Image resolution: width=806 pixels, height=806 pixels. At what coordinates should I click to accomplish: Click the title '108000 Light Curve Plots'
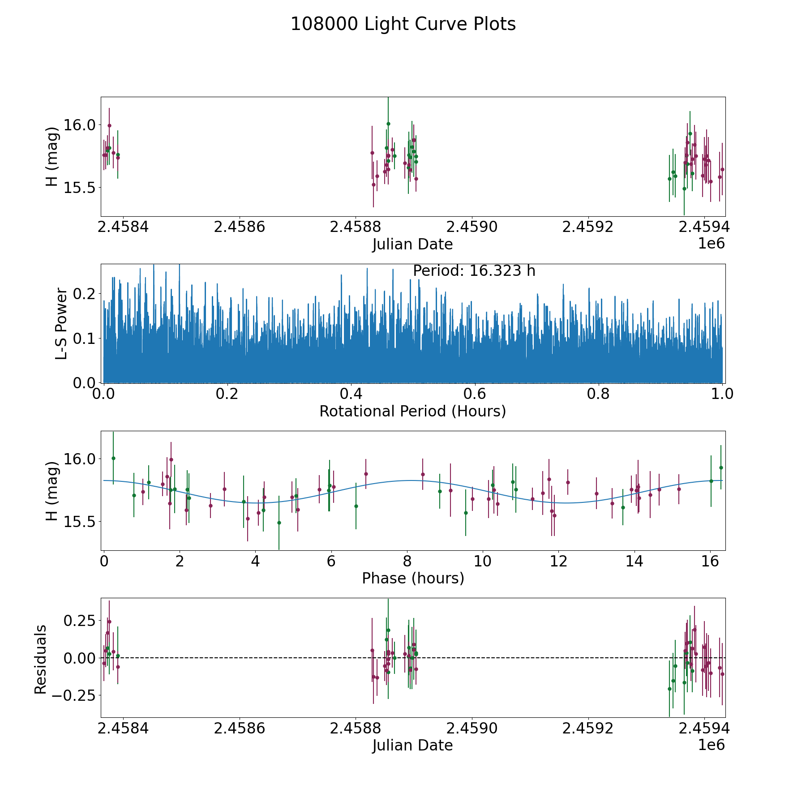(x=403, y=24)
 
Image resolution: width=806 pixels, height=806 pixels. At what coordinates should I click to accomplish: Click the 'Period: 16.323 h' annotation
(x=474, y=271)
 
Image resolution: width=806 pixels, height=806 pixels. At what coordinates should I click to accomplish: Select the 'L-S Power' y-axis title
(x=61, y=324)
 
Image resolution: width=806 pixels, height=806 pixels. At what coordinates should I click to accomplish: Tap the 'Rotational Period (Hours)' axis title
(x=412, y=411)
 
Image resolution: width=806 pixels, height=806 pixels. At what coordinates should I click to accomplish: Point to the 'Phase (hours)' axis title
(x=413, y=578)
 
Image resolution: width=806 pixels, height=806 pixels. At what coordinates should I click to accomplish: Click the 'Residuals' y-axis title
(x=41, y=659)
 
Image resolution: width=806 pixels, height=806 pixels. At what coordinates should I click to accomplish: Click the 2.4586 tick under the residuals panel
(x=240, y=729)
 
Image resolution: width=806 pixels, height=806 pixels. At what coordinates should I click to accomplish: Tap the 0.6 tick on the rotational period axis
(x=475, y=394)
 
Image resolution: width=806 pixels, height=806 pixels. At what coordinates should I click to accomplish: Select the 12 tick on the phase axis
(x=558, y=561)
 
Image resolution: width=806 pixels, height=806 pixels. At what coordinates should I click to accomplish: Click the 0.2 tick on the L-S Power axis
(x=85, y=294)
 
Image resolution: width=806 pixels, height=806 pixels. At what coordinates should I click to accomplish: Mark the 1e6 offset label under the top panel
(x=711, y=244)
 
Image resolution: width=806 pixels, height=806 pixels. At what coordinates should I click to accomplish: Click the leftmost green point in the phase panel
(x=113, y=458)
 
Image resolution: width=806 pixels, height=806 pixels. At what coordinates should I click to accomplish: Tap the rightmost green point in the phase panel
(x=721, y=467)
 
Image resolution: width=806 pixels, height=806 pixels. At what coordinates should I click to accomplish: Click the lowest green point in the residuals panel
(x=669, y=689)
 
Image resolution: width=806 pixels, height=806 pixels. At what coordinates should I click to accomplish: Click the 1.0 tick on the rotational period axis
(x=722, y=394)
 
